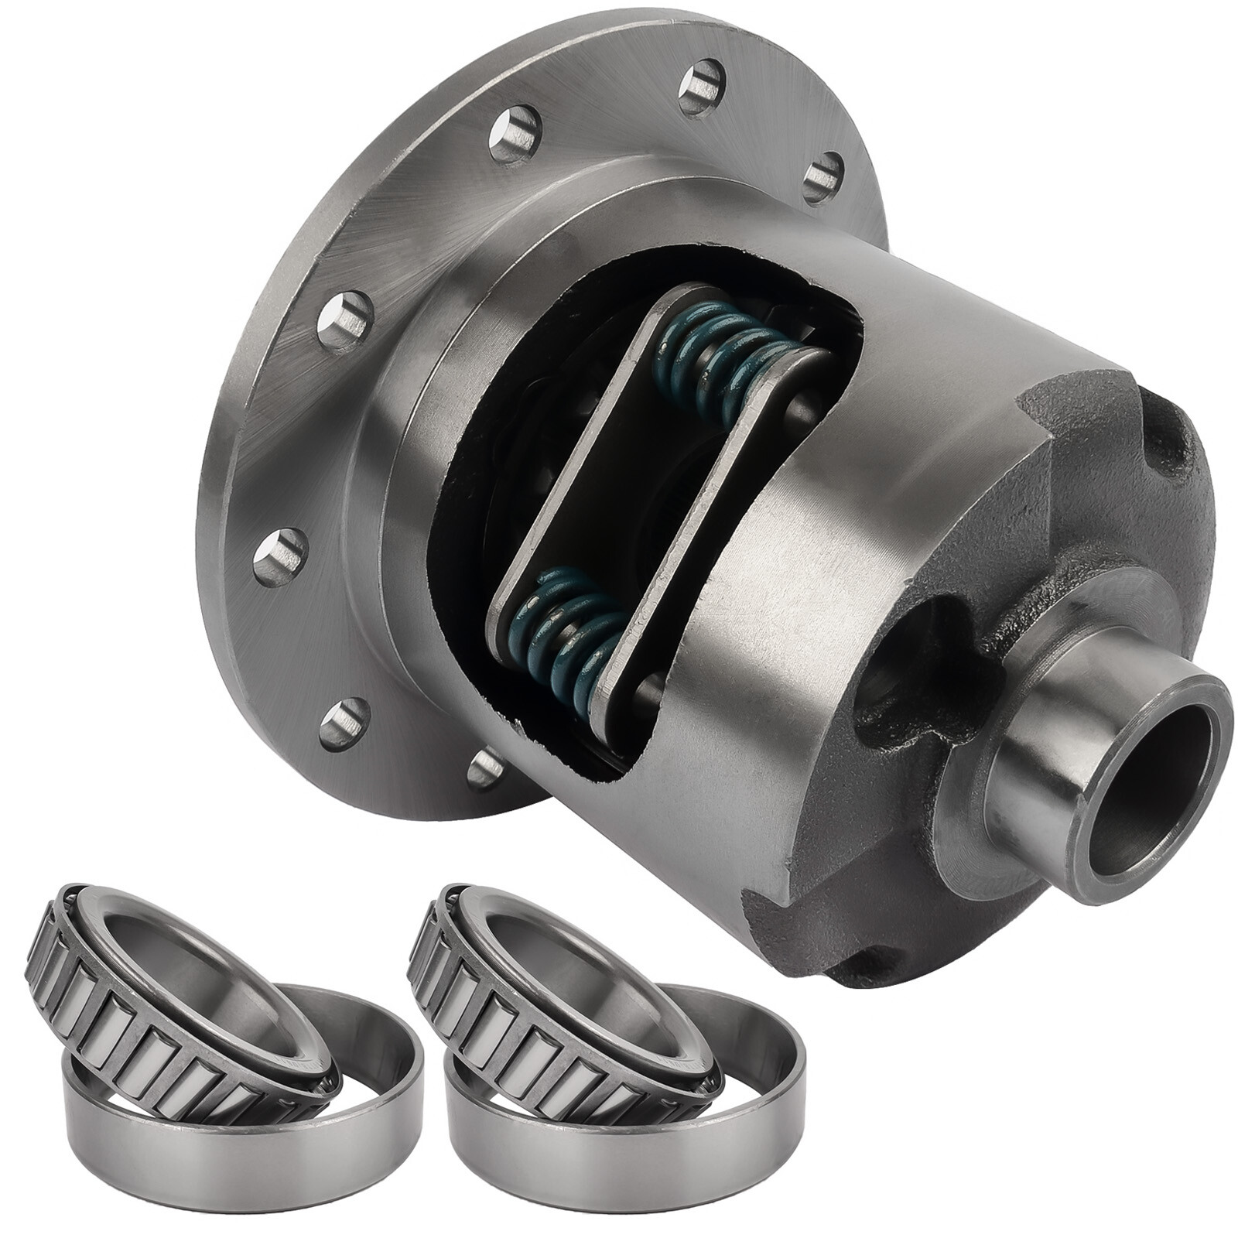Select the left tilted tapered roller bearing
pyautogui.click(x=186, y=998)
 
